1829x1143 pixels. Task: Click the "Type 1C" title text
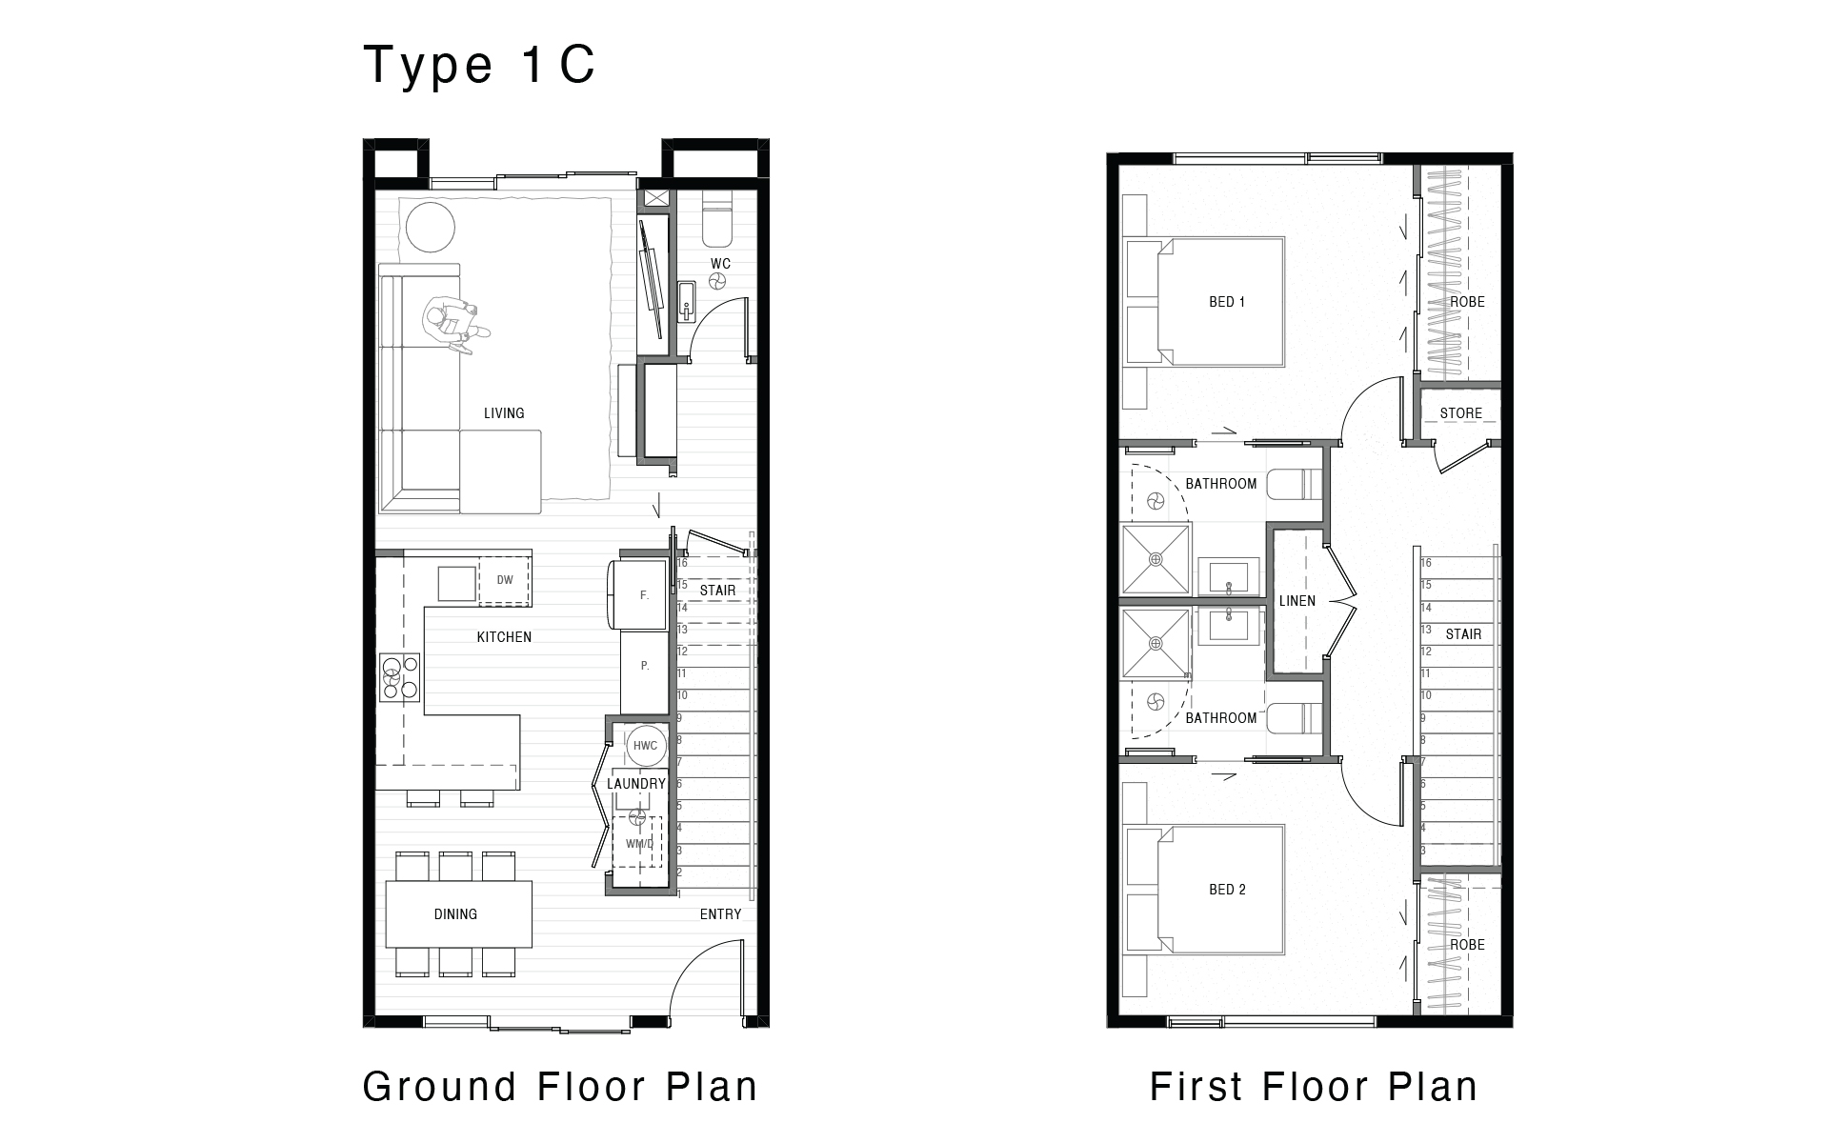pos(480,65)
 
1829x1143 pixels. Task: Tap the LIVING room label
pos(504,413)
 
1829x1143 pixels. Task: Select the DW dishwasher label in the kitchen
pos(505,580)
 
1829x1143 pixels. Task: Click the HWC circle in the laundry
pos(645,746)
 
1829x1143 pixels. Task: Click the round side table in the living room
pos(431,227)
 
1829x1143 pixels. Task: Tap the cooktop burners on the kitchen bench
pos(400,676)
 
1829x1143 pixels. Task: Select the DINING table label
pos(455,914)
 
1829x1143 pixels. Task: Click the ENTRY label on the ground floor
pos(720,914)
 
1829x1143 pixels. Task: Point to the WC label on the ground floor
pos(720,264)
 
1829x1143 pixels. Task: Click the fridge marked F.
pos(638,595)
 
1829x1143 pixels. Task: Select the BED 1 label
pos(1227,302)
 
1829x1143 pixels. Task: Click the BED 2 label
pos(1227,890)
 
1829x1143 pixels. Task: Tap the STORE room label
pos(1461,413)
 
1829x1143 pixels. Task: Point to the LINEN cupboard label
pos(1297,601)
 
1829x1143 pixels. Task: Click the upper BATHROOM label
pos(1221,484)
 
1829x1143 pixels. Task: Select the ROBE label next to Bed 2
pos(1467,945)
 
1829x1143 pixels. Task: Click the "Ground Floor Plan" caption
pos(560,1087)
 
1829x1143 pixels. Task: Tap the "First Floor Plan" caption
pos(1314,1087)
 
